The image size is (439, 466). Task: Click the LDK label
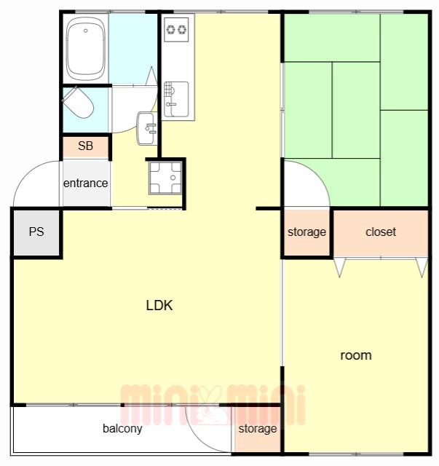tap(159, 305)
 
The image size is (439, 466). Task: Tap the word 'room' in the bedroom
tap(356, 355)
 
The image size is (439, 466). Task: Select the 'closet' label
tap(381, 232)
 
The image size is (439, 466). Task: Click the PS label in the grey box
tap(36, 232)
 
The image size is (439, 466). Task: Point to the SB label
tap(85, 146)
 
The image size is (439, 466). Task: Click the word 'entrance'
tap(86, 183)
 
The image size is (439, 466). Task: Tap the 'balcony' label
tap(122, 429)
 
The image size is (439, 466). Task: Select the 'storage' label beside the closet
tap(306, 232)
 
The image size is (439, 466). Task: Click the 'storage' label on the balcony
tap(258, 429)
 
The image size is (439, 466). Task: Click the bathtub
tap(86, 49)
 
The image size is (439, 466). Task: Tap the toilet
tap(78, 102)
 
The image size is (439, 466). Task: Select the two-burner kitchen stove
tap(176, 29)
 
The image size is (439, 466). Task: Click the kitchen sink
tap(176, 99)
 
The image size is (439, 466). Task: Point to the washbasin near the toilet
tap(147, 128)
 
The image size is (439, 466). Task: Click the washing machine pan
tap(165, 178)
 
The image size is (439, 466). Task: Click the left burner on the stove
tap(170, 29)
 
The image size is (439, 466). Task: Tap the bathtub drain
tap(86, 31)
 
